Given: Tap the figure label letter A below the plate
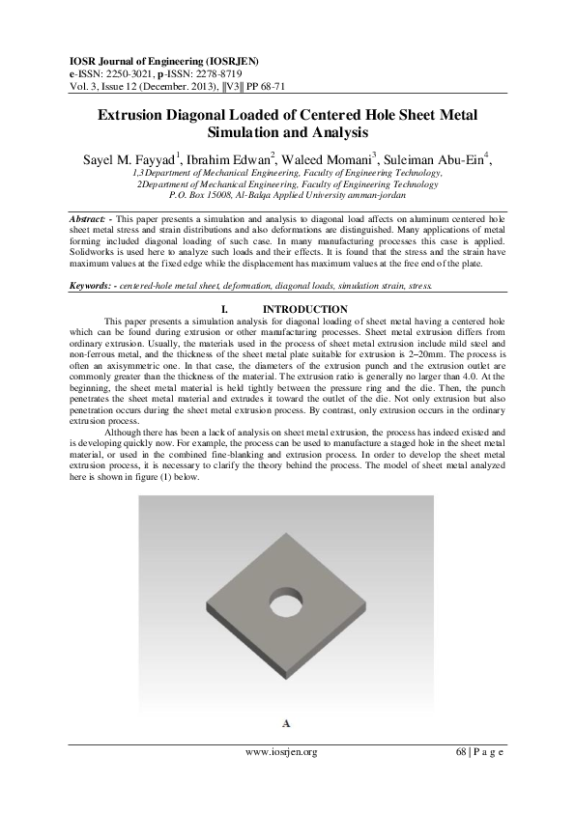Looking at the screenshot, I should point(286,722).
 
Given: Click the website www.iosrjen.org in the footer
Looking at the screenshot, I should point(281,752).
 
